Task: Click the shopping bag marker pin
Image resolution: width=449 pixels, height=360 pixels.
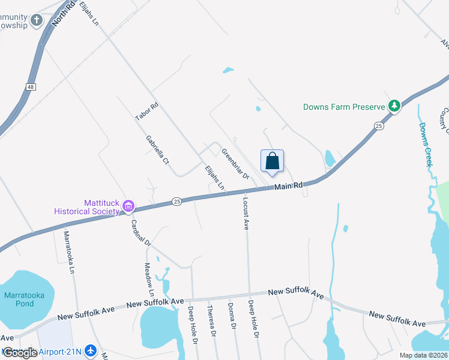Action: coord(272,161)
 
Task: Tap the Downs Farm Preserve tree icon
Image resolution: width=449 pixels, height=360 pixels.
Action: coord(394,107)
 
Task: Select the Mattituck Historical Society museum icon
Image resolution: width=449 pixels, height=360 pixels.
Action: coord(127,207)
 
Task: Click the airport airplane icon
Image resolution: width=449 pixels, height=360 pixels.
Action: coord(91,350)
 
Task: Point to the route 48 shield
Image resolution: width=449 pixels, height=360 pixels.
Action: coord(30,87)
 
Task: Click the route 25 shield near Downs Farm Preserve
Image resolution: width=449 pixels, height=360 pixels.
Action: coord(378,125)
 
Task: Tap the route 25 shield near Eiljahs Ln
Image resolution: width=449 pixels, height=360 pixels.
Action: coord(176,201)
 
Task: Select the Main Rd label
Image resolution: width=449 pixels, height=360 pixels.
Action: coord(289,186)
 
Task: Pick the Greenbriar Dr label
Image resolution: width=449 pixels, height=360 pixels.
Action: coord(235,164)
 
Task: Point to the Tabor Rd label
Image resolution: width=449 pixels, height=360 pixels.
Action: coord(147,112)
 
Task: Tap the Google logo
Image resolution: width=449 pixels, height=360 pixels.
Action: coord(20,353)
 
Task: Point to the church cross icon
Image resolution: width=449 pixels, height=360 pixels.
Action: coord(37,21)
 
